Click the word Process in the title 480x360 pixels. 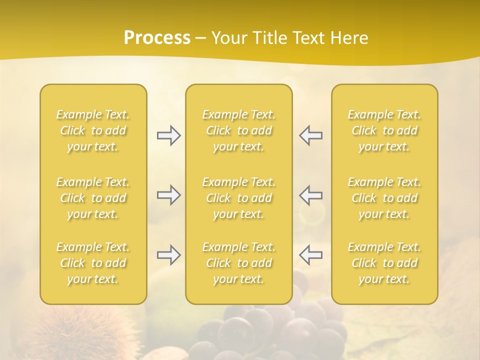click(x=157, y=38)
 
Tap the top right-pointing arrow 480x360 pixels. click(x=168, y=135)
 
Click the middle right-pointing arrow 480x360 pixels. click(x=168, y=195)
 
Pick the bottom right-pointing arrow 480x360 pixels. click(x=168, y=255)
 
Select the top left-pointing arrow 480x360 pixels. click(x=310, y=135)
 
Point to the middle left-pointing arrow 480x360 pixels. click(x=310, y=195)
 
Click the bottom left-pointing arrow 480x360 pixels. click(x=310, y=255)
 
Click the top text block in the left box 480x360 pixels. click(x=93, y=130)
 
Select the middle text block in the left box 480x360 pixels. click(x=93, y=198)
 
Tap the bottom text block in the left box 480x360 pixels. click(x=93, y=263)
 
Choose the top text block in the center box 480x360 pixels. click(x=238, y=130)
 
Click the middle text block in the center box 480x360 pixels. click(x=238, y=198)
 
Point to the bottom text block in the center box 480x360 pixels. click(x=238, y=263)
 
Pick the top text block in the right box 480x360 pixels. click(x=384, y=130)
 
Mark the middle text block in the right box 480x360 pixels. click(x=384, y=198)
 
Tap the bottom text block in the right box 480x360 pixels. click(x=384, y=263)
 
